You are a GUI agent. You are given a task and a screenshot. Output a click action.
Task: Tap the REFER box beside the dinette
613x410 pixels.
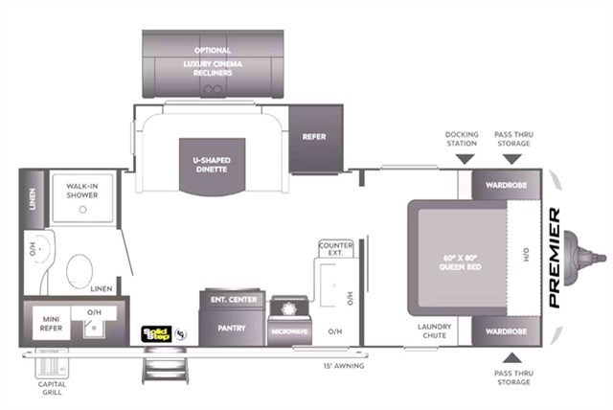click(314, 136)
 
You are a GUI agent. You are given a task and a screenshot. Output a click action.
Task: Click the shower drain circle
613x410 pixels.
click(83, 208)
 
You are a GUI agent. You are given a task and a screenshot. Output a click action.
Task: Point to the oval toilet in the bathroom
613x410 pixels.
click(78, 270)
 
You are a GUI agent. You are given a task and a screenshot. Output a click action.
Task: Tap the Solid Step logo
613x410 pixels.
click(155, 333)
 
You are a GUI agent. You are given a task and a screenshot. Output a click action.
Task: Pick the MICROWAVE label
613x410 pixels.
click(289, 330)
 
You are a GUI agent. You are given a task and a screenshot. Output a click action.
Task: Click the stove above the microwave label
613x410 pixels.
click(288, 310)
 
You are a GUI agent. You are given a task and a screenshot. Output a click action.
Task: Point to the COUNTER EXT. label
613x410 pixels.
click(335, 249)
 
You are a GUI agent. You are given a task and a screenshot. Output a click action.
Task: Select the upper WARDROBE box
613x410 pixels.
click(505, 184)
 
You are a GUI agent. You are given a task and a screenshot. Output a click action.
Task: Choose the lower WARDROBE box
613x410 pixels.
click(505, 330)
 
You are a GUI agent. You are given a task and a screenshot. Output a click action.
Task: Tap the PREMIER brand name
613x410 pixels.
click(556, 258)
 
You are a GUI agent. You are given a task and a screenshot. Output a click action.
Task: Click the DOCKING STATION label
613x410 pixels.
click(461, 138)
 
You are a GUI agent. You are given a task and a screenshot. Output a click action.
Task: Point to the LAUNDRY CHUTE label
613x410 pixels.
click(434, 330)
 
